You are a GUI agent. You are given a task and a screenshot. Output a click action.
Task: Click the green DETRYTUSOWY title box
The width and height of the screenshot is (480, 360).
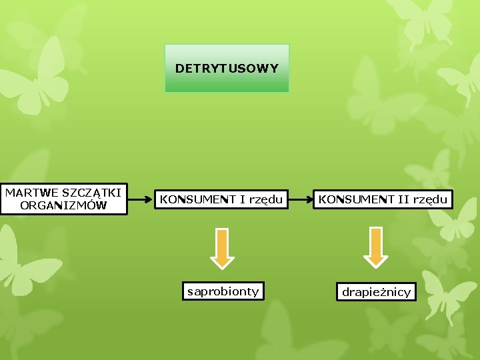[227, 68]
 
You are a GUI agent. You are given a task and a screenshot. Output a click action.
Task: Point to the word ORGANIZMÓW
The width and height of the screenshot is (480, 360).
[63, 205]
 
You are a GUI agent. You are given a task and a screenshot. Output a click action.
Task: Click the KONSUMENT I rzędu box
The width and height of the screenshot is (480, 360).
[221, 199]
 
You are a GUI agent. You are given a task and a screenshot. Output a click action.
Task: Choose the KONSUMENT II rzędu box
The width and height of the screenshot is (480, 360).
[383, 199]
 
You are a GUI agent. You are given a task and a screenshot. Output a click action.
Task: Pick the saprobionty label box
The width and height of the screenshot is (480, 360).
[223, 291]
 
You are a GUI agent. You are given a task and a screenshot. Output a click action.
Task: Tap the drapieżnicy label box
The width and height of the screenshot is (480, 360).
[377, 292]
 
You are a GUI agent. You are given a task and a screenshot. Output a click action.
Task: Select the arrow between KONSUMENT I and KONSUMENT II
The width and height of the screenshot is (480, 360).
[301, 199]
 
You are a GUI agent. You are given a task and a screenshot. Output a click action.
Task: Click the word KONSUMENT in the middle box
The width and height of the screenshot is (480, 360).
[198, 199]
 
